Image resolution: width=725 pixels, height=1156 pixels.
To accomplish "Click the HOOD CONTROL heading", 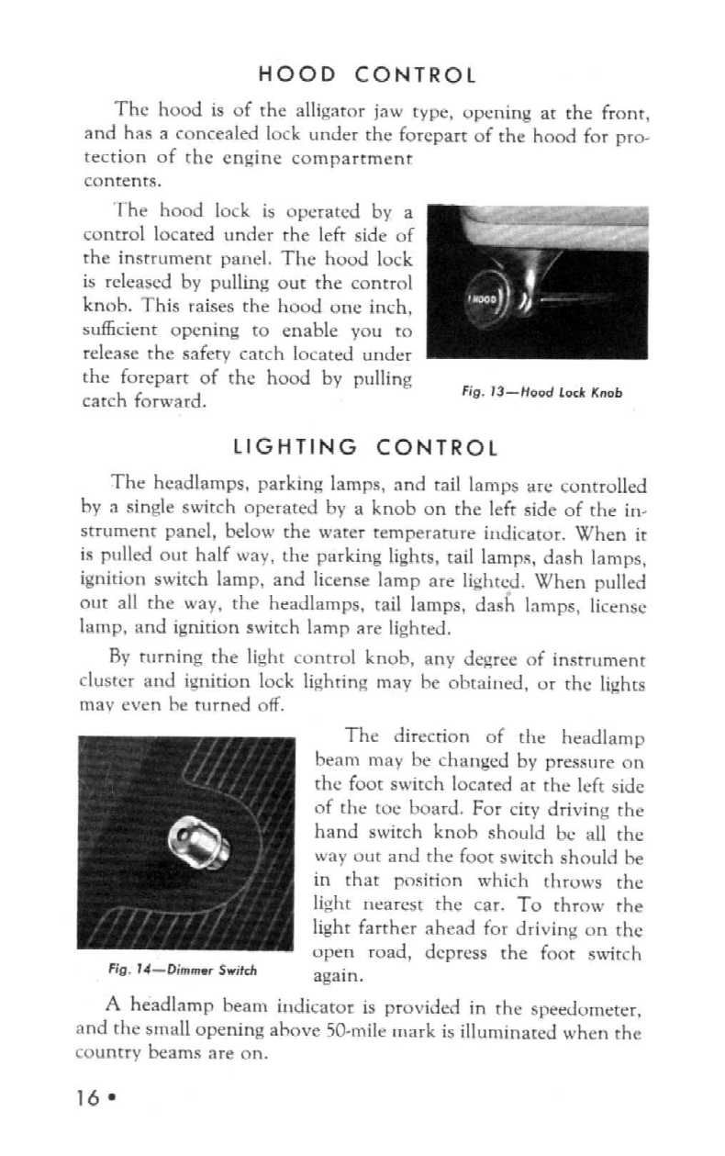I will (366, 74).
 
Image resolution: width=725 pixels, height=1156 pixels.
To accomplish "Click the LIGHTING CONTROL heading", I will (366, 448).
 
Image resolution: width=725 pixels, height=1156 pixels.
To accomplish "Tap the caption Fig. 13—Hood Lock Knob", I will (541, 392).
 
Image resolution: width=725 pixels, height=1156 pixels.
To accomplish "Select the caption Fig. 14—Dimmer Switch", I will (182, 971).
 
